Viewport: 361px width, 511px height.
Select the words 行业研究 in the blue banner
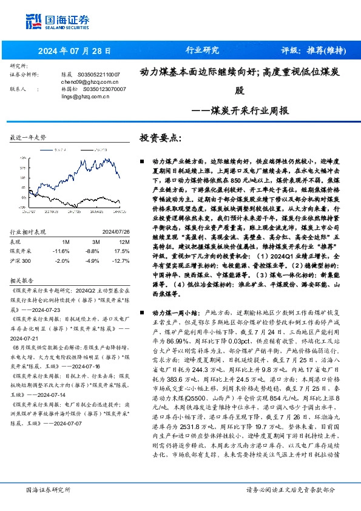coord(201,50)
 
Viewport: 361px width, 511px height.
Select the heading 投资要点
coord(160,138)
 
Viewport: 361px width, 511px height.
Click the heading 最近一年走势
coord(28,138)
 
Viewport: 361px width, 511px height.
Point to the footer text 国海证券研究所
coord(47,489)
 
